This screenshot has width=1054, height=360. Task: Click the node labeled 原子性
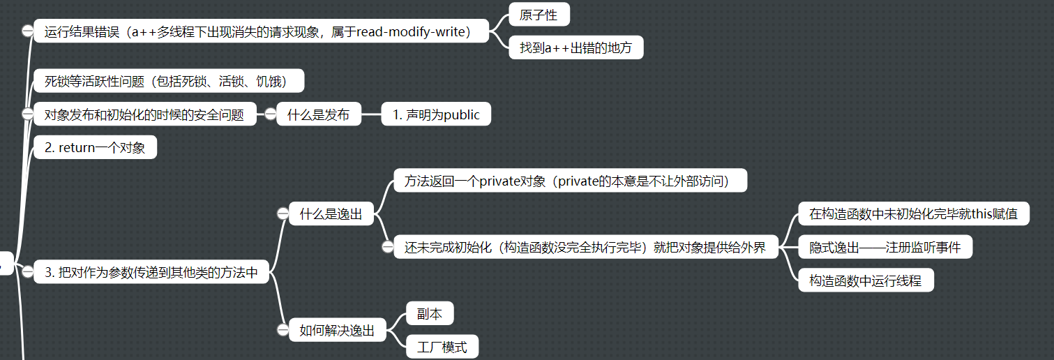tap(539, 15)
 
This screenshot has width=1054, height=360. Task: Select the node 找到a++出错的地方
tap(575, 48)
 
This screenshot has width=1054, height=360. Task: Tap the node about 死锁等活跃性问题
tap(169, 81)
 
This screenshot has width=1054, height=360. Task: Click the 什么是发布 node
tap(318, 114)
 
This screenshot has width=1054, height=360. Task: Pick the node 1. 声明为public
tap(436, 114)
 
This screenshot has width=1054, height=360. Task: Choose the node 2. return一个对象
tap(95, 148)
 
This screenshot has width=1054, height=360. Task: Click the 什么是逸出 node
tap(331, 214)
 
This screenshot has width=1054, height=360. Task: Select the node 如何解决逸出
tap(337, 331)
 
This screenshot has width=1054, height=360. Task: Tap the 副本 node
tap(429, 314)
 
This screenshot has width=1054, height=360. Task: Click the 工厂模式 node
tap(442, 347)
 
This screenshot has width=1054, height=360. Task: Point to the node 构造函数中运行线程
tap(865, 280)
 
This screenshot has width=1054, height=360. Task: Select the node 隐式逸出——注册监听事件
tap(884, 247)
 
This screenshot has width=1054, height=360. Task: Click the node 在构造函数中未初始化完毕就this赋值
tap(913, 214)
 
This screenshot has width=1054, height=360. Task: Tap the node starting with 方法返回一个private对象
tap(570, 181)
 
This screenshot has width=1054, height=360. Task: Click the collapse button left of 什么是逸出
tap(283, 214)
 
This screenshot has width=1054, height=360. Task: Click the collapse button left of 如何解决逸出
tap(283, 331)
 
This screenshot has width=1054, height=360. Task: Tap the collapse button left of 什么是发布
tap(271, 114)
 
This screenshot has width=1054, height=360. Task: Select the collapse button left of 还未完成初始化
tap(388, 247)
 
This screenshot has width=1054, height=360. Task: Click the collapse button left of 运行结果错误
tap(27, 31)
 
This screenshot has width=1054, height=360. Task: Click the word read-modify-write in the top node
tap(412, 31)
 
